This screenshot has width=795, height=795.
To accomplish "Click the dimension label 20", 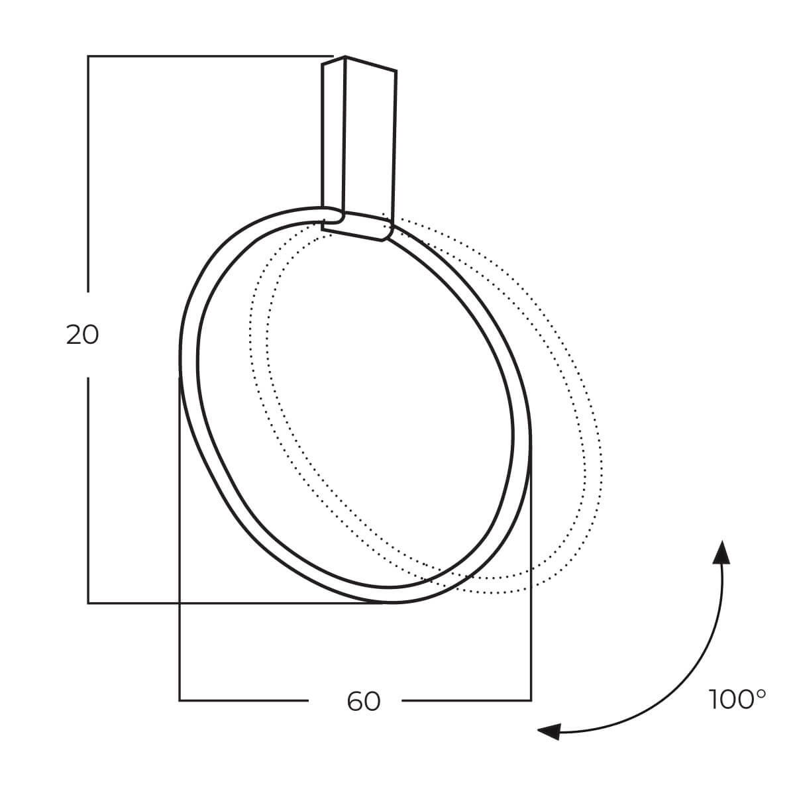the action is tap(83, 335).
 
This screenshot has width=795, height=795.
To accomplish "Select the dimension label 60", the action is tap(364, 701).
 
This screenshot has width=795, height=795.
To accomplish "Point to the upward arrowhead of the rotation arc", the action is tap(721, 552).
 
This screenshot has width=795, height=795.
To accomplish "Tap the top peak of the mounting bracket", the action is tap(345, 56).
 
